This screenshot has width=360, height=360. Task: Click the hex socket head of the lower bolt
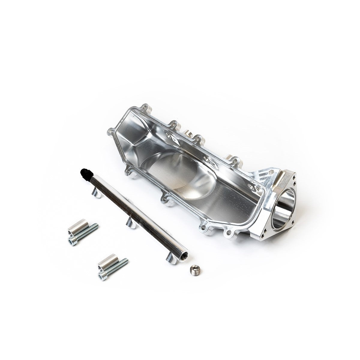tap(103, 275)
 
